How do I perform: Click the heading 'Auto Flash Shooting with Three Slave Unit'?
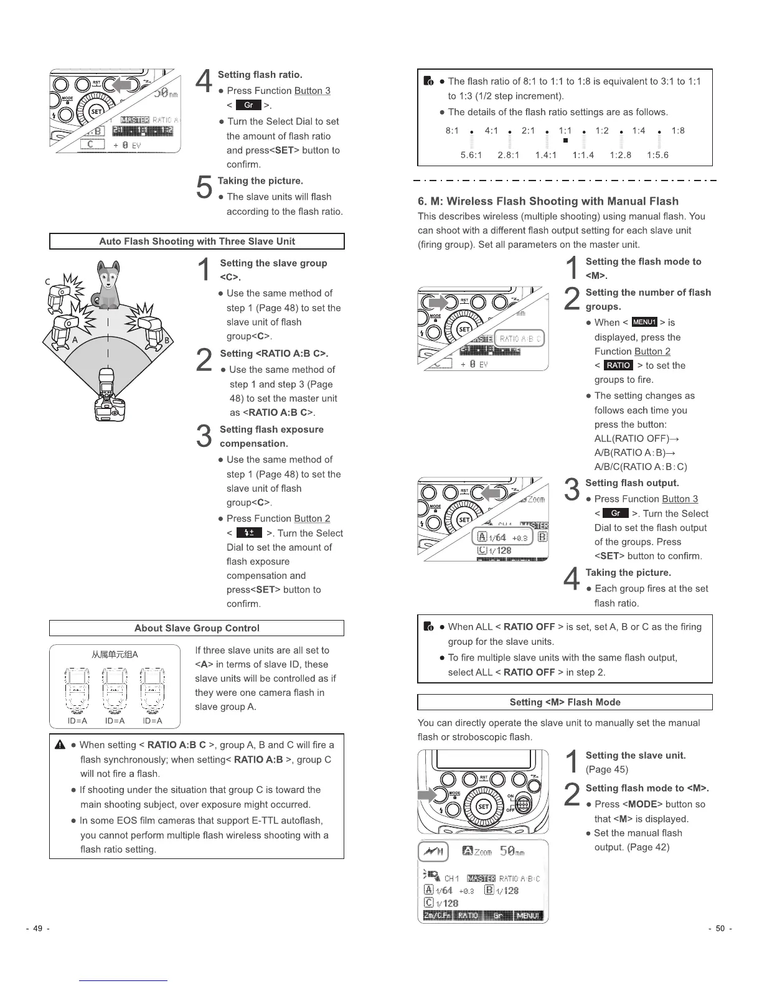pyautogui.click(x=197, y=242)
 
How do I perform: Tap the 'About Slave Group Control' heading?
pyautogui.click(x=197, y=628)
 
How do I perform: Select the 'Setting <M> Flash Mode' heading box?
pyautogui.click(x=565, y=702)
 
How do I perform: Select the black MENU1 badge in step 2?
pyautogui.click(x=644, y=322)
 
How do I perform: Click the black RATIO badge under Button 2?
pyautogui.click(x=618, y=365)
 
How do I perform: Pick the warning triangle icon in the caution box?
pyautogui.click(x=61, y=745)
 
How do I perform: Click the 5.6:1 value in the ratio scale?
pyautogui.click(x=471, y=155)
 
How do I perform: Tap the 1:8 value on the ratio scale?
pyautogui.click(x=678, y=131)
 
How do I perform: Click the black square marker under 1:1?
pyautogui.click(x=565, y=141)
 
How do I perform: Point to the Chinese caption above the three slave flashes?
pyautogui.click(x=115, y=654)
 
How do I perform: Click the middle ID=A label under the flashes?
pyautogui.click(x=115, y=721)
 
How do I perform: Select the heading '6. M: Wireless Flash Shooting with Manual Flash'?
pyautogui.click(x=548, y=201)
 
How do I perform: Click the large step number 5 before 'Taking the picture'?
pyautogui.click(x=204, y=187)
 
